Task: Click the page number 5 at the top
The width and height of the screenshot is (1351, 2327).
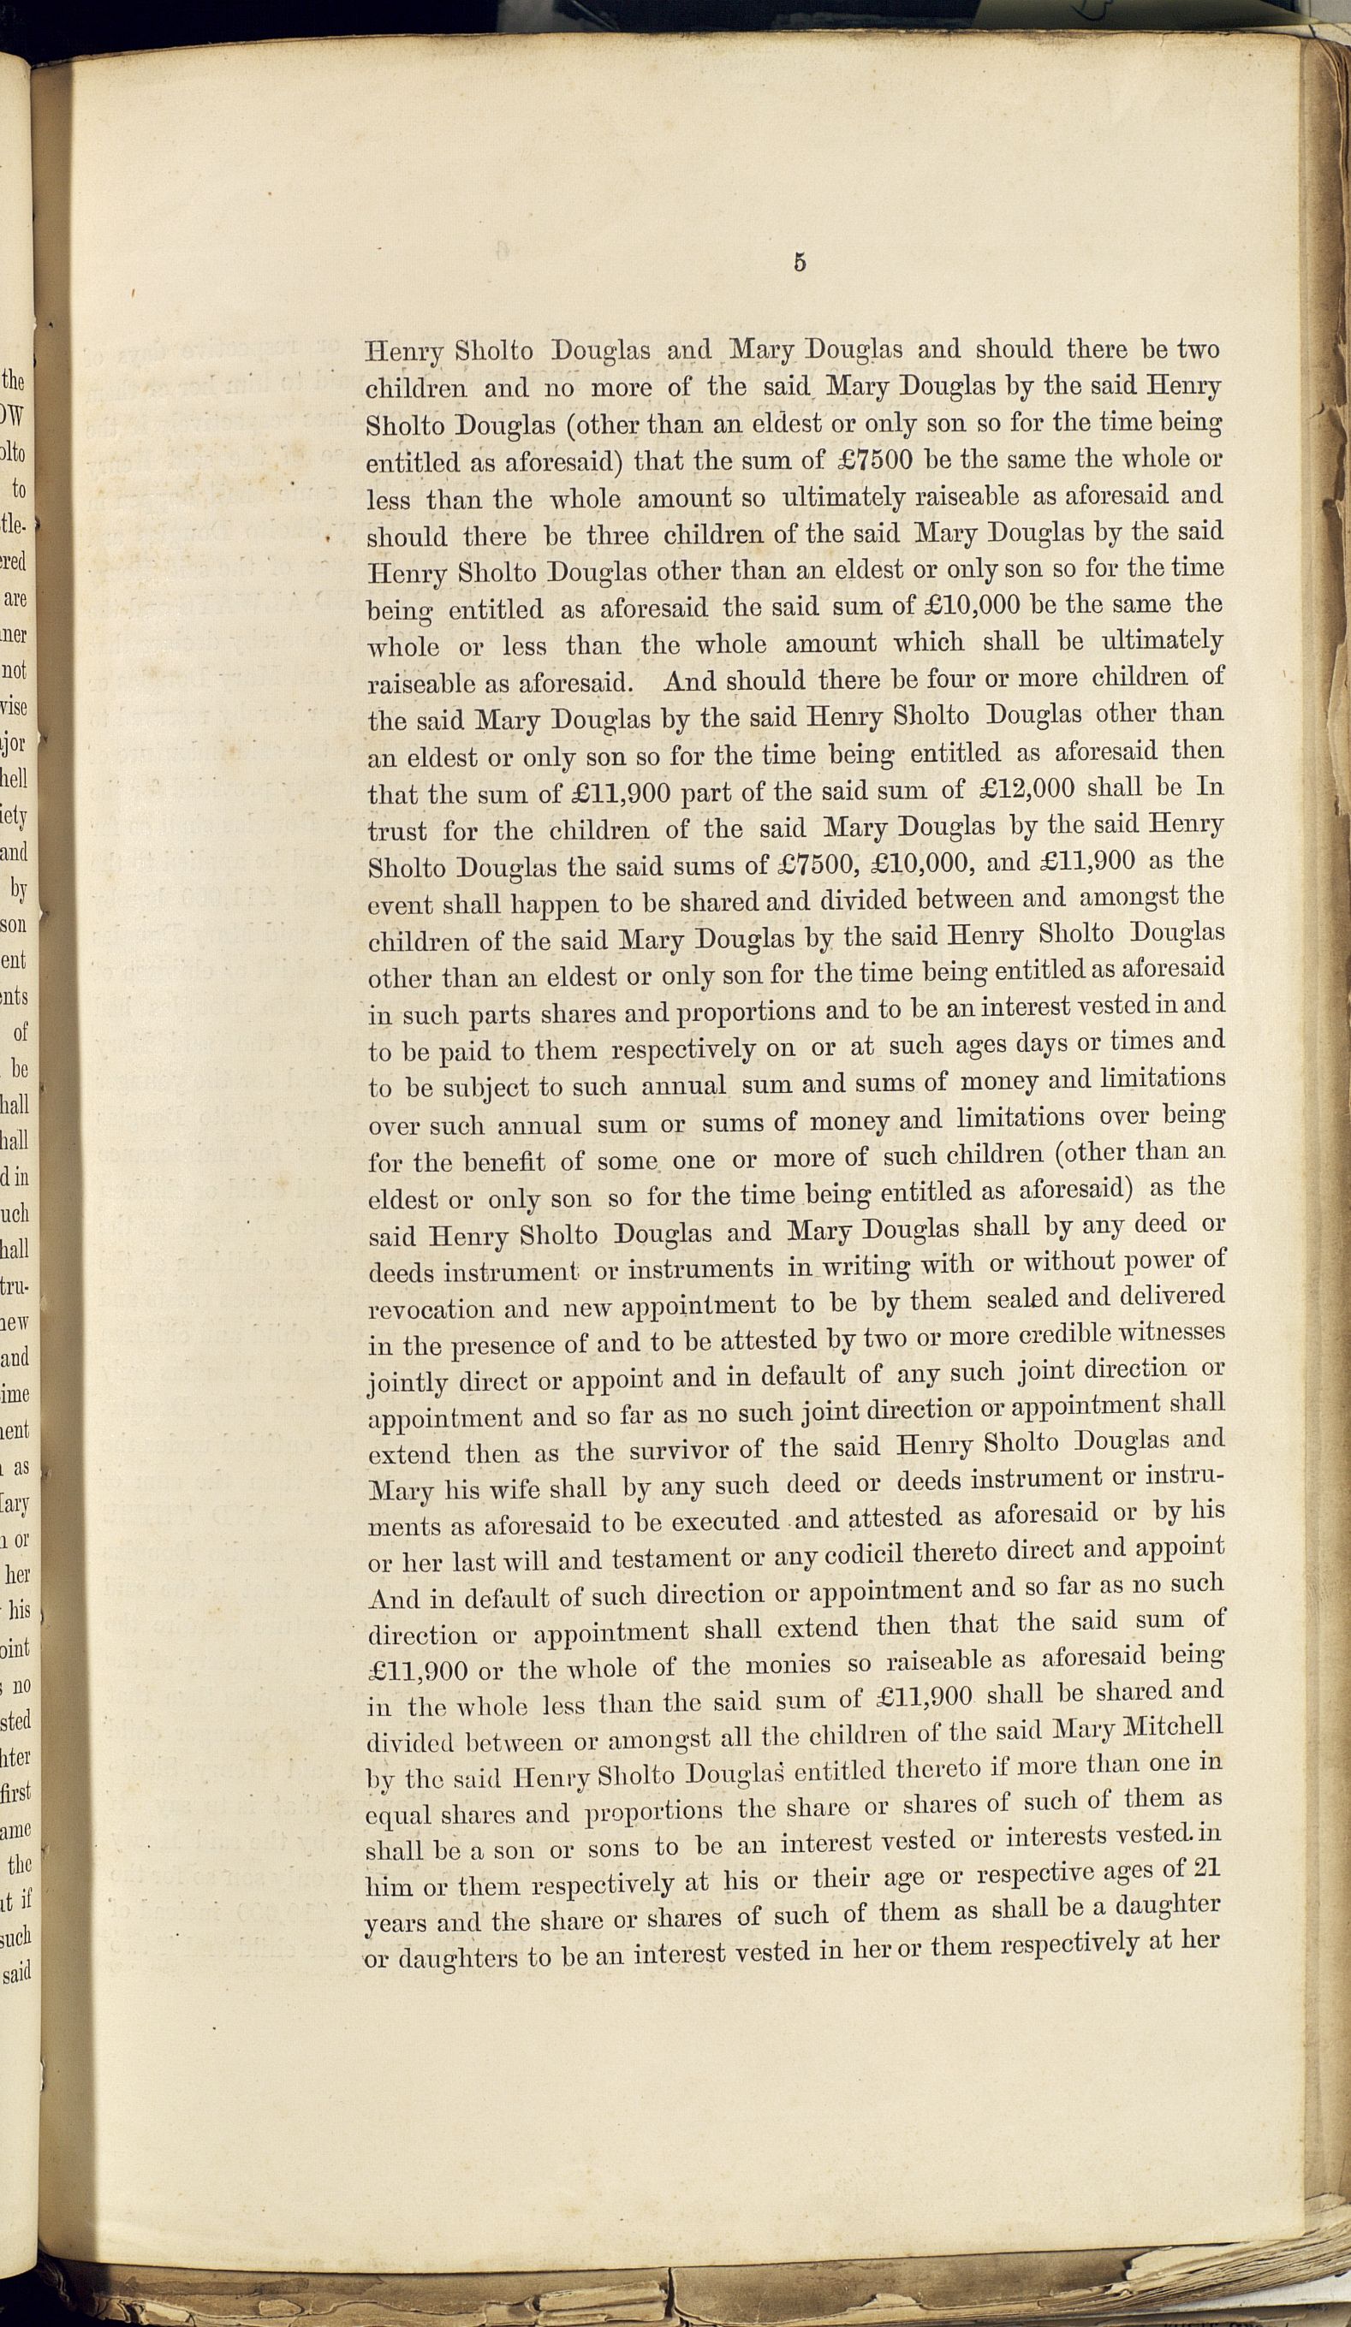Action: coord(799,262)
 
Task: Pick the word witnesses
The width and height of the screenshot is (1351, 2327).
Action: coord(1172,1333)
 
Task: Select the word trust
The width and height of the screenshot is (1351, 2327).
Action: coord(397,831)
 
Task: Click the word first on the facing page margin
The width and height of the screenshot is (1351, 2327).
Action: coord(19,1794)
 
